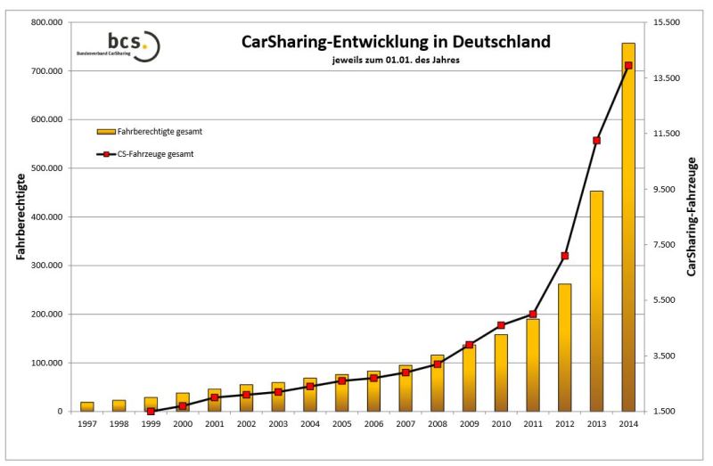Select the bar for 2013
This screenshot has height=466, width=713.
(596, 303)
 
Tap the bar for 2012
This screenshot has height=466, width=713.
(564, 347)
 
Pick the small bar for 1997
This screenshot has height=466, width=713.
(87, 406)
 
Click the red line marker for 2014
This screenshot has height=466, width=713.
(628, 65)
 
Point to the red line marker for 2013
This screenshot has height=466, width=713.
(596, 140)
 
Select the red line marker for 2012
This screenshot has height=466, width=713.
(564, 256)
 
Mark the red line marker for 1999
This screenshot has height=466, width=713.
(151, 411)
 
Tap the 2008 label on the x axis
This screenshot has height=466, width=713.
(437, 423)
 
